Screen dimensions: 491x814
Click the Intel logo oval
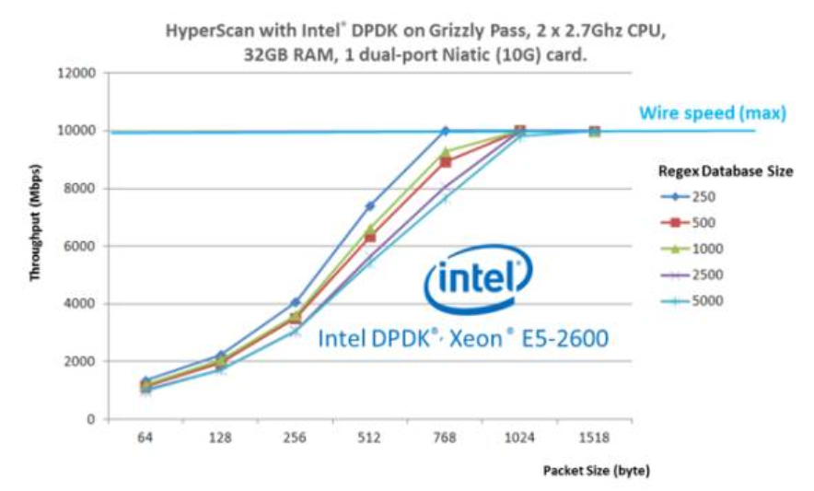point(476,276)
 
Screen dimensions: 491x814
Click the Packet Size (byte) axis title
point(596,472)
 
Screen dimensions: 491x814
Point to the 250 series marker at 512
point(370,206)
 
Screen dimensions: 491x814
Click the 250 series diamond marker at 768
point(445,131)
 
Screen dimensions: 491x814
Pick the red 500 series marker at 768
point(446,162)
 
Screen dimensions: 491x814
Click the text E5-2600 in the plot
point(564,339)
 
